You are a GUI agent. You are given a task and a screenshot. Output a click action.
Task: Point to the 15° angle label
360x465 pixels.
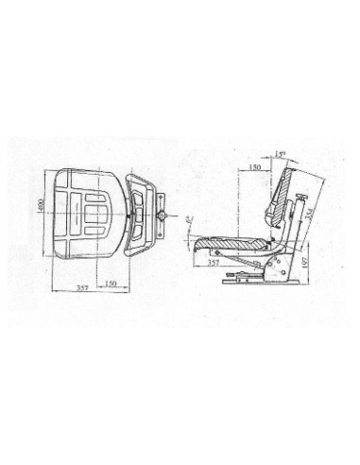point(283,153)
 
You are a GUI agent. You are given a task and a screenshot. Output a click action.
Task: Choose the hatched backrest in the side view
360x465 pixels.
point(285,197)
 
